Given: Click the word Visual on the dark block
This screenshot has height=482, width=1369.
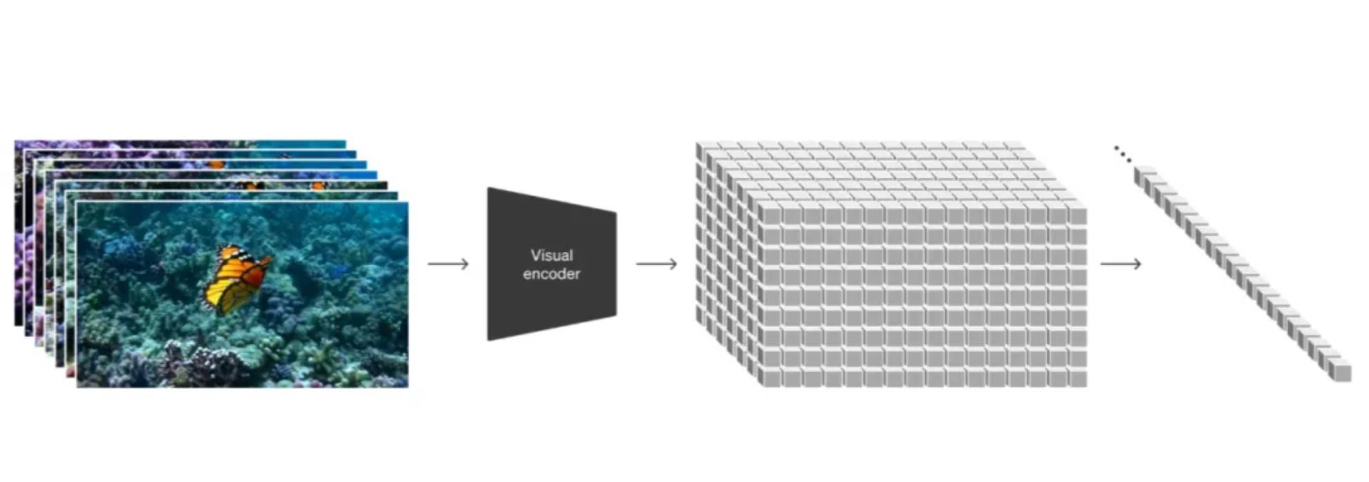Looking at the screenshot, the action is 551,256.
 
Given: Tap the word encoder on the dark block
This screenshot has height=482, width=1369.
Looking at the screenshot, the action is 551,274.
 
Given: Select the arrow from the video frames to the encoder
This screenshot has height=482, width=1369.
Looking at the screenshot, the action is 448,264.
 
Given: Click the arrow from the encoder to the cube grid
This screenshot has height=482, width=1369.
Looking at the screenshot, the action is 656,264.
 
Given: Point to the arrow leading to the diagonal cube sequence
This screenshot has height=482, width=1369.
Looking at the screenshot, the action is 1120,264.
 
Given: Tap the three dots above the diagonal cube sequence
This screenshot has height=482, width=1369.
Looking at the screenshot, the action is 1122,153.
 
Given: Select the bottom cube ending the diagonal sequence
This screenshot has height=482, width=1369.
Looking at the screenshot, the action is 1342,372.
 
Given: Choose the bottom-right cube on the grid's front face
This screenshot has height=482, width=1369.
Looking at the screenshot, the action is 1077,378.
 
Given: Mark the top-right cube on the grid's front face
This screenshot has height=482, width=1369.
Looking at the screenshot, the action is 1077,215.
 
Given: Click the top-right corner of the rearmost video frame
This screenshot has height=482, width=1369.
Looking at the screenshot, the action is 344,142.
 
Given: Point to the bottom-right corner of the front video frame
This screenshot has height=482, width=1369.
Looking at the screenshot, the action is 407,386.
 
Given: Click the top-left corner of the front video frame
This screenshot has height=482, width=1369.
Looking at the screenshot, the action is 77,203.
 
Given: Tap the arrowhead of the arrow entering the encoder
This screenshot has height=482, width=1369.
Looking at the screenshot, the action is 465,264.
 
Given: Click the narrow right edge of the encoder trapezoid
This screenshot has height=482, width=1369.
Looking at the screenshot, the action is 615,264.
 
